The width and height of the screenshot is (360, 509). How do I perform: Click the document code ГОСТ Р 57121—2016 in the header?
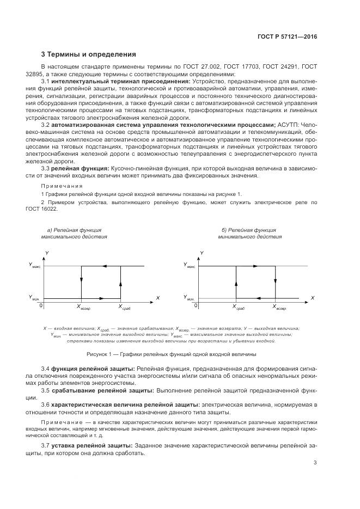coord(287,36)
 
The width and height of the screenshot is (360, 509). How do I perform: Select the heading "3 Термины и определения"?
coord(84,54)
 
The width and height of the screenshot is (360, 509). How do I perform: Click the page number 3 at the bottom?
coord(315,463)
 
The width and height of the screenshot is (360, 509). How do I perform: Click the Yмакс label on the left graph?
coord(34,266)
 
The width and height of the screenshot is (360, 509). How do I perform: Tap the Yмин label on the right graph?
coord(190,298)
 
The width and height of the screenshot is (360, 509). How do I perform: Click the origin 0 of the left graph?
coord(41,305)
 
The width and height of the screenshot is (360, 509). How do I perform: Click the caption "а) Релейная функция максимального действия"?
coord(74,234)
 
